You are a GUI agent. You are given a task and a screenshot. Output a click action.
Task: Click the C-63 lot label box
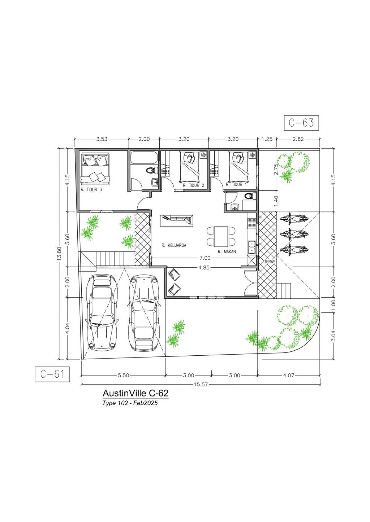[x=301, y=123]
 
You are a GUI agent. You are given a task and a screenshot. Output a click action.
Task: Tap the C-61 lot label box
[x=52, y=374]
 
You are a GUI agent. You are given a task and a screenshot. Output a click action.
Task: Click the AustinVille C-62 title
[x=135, y=393]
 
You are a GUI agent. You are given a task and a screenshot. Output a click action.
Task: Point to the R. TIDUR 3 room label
[x=91, y=190]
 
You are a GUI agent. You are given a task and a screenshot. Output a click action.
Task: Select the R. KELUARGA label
[x=174, y=245]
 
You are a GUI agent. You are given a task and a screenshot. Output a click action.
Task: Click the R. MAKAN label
[x=227, y=252]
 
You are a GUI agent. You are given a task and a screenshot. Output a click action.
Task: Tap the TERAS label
[x=270, y=262]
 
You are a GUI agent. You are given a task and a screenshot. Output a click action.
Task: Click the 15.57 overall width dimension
[x=201, y=385]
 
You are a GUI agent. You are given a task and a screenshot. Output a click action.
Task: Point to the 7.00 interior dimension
[x=205, y=258]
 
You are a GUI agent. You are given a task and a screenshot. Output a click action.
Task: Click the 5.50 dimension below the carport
[x=124, y=376]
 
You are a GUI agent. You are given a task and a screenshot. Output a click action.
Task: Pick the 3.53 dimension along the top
[x=102, y=139]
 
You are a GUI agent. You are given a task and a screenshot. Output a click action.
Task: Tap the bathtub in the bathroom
[x=144, y=158]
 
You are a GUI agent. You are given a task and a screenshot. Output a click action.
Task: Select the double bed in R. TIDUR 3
[x=95, y=168]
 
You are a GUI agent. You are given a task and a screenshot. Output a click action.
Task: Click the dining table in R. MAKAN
[x=221, y=236]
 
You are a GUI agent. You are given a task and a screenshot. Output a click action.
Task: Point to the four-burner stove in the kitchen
[x=252, y=223]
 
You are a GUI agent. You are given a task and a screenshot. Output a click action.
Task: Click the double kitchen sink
[x=252, y=247]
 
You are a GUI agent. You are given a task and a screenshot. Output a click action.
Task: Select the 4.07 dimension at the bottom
[x=289, y=376]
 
